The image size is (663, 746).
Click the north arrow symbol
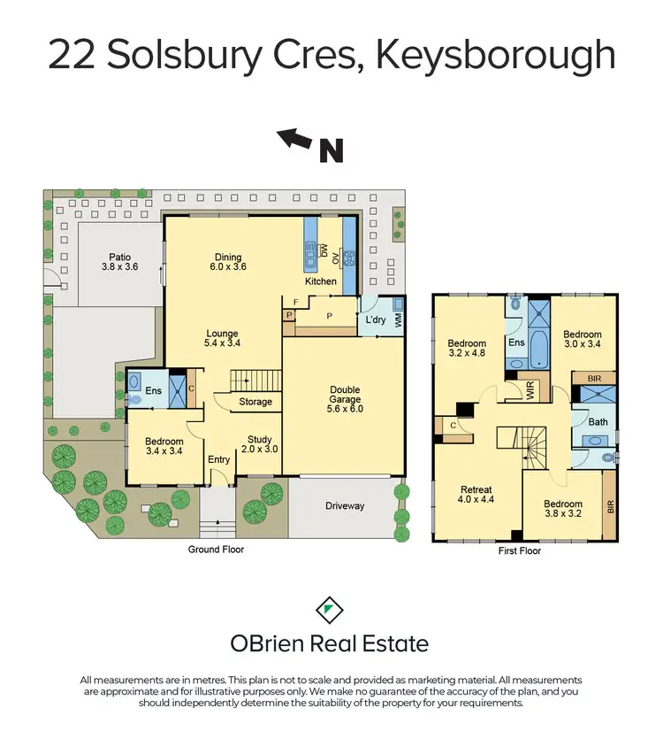[x=295, y=138]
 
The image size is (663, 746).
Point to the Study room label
[x=259, y=439]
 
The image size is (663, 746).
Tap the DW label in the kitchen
[x=324, y=250]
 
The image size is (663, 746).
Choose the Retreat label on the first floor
[x=476, y=489]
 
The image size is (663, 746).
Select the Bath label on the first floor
[x=598, y=421]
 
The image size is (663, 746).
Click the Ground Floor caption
[x=216, y=550]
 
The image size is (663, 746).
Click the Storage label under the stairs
[x=256, y=402]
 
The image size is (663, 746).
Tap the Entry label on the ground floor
[x=218, y=459]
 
